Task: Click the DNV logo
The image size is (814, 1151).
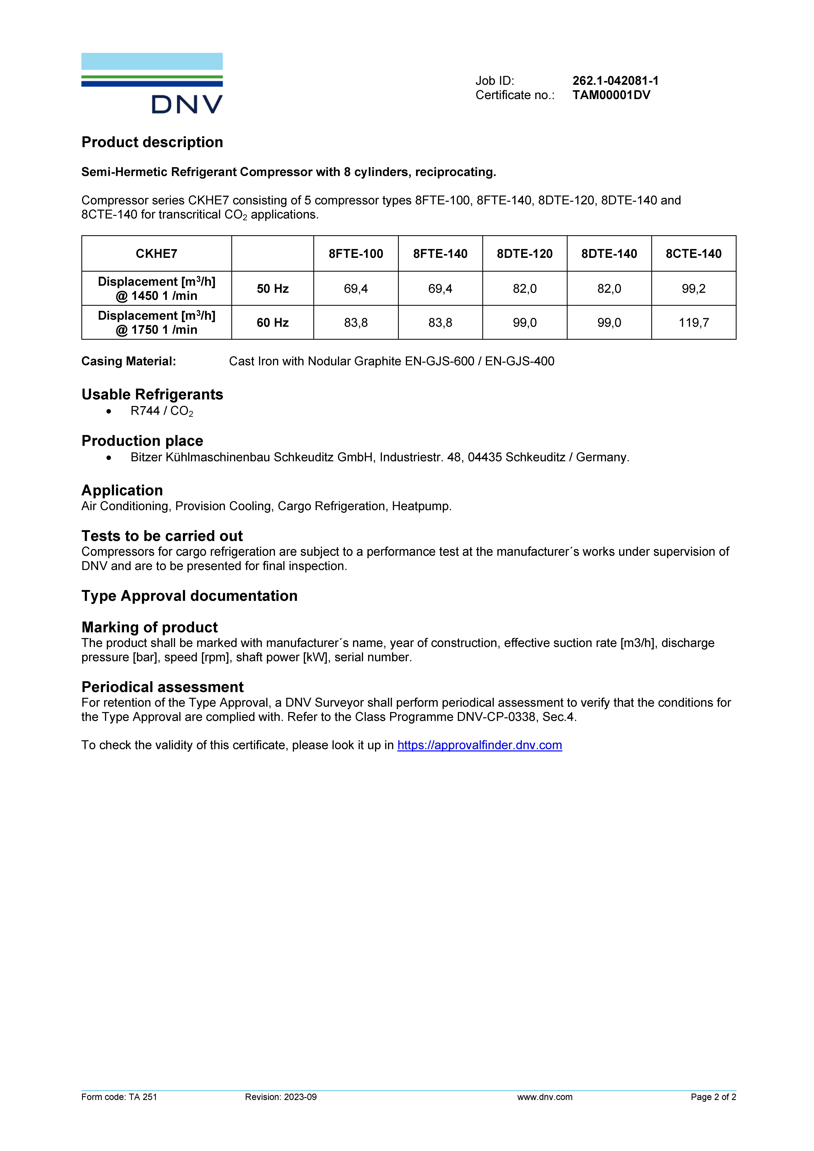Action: click(152, 83)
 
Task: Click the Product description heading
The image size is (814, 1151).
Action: click(152, 142)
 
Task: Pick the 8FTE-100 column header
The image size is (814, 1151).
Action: click(356, 254)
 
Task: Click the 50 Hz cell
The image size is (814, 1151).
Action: click(273, 289)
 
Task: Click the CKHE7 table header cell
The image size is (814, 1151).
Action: click(156, 254)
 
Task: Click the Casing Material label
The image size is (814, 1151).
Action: click(128, 362)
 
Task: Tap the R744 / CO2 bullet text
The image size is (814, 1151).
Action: click(161, 411)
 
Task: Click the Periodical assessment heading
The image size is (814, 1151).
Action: click(162, 687)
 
